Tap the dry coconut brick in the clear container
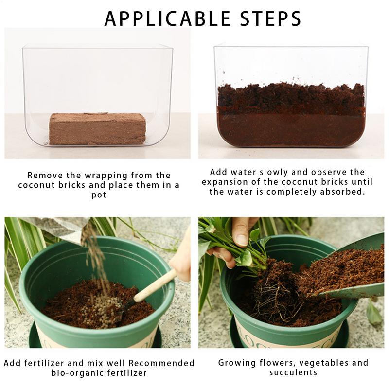(97, 128)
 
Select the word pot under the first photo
(99, 194)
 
